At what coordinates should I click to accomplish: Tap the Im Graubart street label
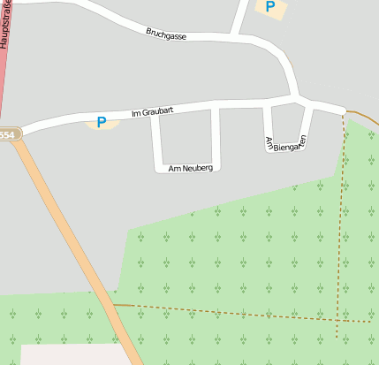click(151, 112)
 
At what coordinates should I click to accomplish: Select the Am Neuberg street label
click(185, 167)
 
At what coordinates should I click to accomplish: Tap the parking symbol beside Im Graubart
click(102, 122)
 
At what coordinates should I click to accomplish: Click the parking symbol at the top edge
click(269, 6)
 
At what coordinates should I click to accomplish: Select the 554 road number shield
click(7, 134)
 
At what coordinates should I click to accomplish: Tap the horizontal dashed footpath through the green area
click(239, 313)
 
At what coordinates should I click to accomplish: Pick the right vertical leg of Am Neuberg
click(215, 137)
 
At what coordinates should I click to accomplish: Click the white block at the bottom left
click(71, 354)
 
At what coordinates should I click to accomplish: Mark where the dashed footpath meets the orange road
click(115, 305)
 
